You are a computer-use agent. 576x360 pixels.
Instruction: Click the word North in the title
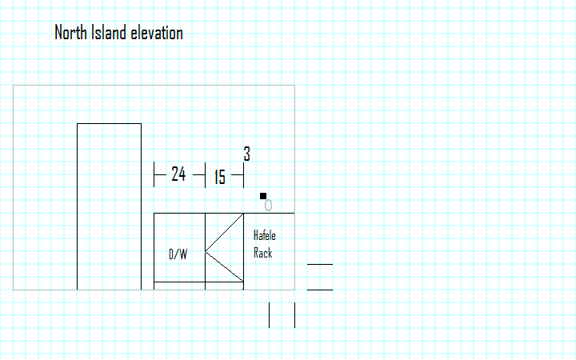pyautogui.click(x=70, y=33)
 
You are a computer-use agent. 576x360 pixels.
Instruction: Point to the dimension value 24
pyautogui.click(x=179, y=174)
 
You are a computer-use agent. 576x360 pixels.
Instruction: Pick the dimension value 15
pyautogui.click(x=219, y=177)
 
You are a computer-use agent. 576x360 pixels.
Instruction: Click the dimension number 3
pyautogui.click(x=247, y=154)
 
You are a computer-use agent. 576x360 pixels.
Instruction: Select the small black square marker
pyautogui.click(x=263, y=195)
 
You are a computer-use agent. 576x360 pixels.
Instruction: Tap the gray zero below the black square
pyautogui.click(x=268, y=206)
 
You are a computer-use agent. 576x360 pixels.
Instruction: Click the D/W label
pyautogui.click(x=178, y=254)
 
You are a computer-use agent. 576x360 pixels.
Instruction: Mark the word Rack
pyautogui.click(x=262, y=253)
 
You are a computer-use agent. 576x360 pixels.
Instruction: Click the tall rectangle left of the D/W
pyautogui.click(x=109, y=206)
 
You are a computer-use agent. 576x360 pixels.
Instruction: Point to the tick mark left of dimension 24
pyautogui.click(x=154, y=174)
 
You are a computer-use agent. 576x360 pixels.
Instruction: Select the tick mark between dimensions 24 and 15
pyautogui.click(x=206, y=174)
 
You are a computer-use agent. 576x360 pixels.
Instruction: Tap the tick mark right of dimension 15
pyautogui.click(x=243, y=174)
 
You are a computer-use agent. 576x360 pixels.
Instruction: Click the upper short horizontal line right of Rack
pyautogui.click(x=320, y=263)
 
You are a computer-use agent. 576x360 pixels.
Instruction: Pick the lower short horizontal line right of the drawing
pyautogui.click(x=320, y=290)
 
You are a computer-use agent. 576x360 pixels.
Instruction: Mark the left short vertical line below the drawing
pyautogui.click(x=270, y=315)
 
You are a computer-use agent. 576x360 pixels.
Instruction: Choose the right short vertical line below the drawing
pyautogui.click(x=294, y=315)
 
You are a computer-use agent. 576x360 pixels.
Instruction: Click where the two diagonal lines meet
pyautogui.click(x=206, y=253)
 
